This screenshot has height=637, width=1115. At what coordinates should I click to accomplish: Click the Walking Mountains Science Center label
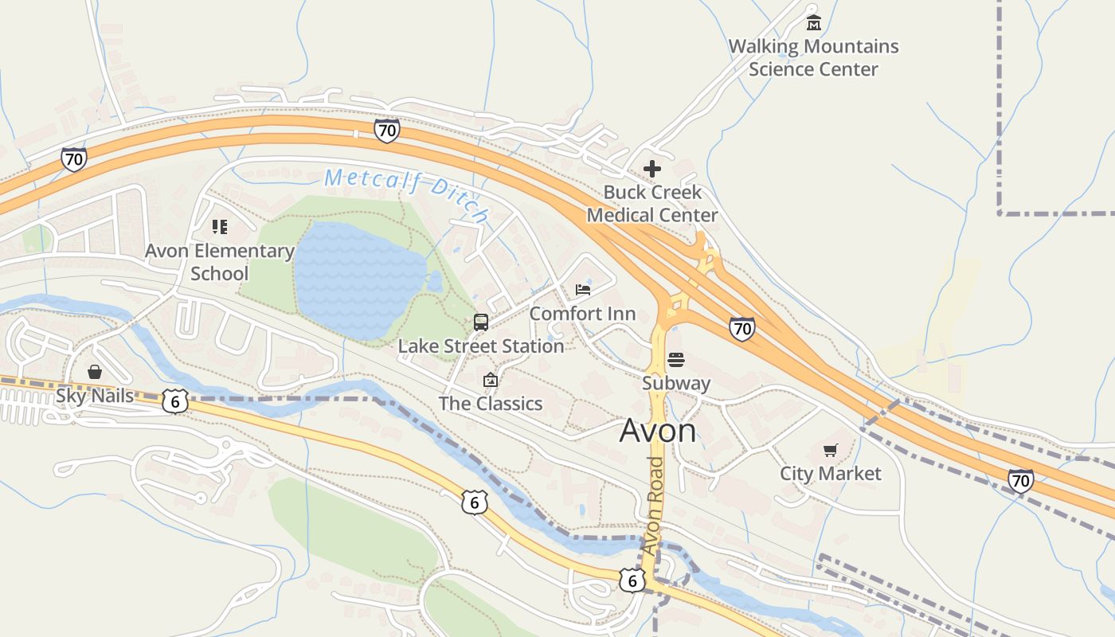coord(813,58)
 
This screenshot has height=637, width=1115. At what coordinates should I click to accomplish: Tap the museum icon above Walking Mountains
coord(813,22)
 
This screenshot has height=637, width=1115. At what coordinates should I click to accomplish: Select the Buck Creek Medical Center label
coord(652,204)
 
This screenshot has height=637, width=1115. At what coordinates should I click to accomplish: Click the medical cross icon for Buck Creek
coord(652,169)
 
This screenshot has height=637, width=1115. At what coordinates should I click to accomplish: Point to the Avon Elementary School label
coord(220,262)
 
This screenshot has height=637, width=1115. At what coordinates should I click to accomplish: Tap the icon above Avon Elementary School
coord(220,227)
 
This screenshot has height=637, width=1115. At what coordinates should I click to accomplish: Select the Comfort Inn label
coord(582,314)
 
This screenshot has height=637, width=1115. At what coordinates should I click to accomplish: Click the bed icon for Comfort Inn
coord(583,289)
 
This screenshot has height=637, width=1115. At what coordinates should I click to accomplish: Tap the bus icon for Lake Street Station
coord(481,322)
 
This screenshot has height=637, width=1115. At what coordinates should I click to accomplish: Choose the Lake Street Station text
coord(481,346)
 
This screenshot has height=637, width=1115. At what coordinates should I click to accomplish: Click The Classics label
coord(491,404)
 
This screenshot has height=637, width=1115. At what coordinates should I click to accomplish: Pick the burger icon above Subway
coord(676,360)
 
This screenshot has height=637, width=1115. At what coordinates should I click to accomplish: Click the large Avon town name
coord(658,431)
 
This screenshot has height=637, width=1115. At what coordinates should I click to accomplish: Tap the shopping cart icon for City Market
coord(831,451)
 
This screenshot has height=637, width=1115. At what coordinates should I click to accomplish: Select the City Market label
coord(831,474)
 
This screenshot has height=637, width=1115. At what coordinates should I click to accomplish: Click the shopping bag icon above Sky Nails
coord(95,372)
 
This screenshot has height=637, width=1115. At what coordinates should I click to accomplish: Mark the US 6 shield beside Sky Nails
coord(175,401)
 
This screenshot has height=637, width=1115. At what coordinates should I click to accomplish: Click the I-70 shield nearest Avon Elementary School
coord(73,159)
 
